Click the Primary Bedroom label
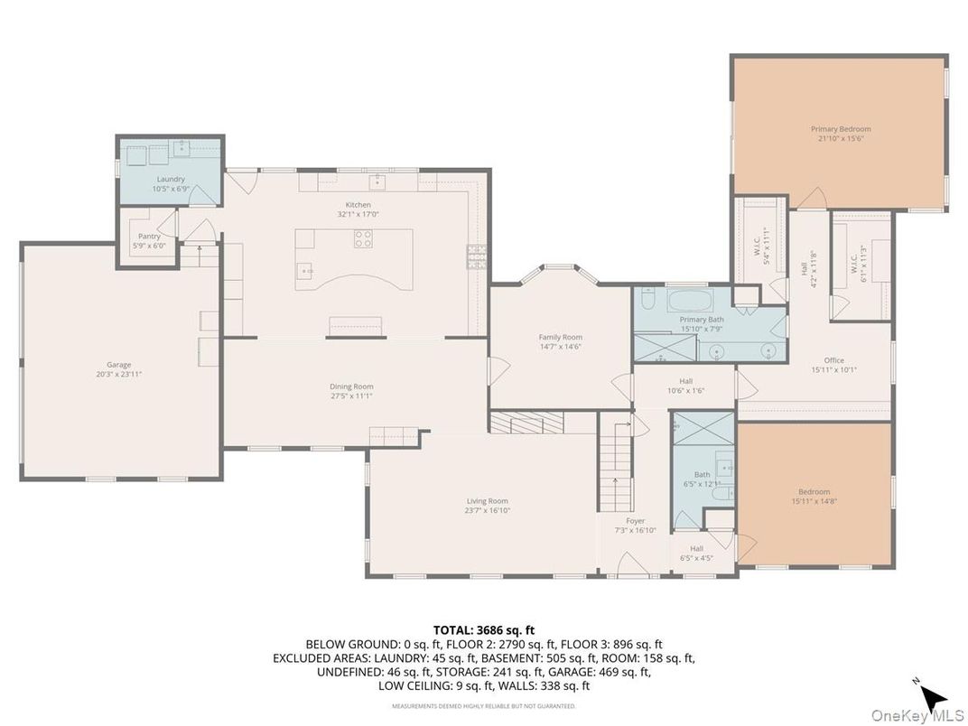tap(840, 129)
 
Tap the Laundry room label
tap(171, 180)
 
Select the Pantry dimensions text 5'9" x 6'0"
tap(149, 245)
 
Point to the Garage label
tap(118, 365)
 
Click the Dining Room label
tap(350, 386)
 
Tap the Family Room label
tap(560, 337)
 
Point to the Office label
tap(833, 360)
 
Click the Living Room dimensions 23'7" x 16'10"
tap(487, 510)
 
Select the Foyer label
tap(636, 521)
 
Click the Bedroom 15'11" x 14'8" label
tap(814, 492)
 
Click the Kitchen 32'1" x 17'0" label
tap(358, 205)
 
